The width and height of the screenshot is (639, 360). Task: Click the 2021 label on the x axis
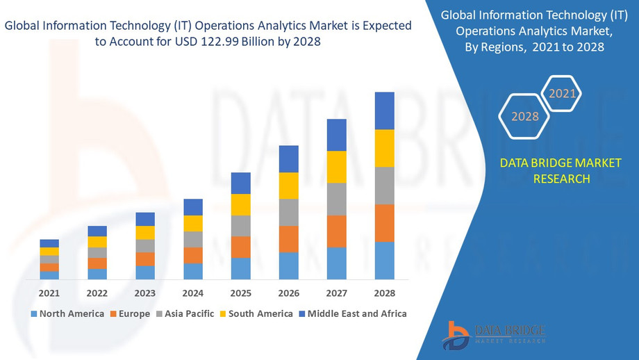(49, 293)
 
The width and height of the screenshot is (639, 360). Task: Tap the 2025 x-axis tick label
(241, 293)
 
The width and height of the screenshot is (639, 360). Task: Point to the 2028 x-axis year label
(384, 293)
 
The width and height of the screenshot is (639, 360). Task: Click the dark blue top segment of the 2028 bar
(384, 111)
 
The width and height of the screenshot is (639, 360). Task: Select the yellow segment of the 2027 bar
(336, 167)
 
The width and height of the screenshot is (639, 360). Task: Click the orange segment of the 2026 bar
(289, 239)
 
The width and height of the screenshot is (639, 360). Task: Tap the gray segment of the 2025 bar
(241, 226)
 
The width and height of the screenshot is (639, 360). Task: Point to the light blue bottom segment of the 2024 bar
(193, 271)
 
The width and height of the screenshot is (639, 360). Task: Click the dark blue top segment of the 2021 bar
(49, 243)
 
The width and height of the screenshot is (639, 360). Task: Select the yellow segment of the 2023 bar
(145, 233)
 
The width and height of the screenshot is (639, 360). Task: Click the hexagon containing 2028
(525, 116)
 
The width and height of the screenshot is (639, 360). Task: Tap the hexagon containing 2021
(561, 93)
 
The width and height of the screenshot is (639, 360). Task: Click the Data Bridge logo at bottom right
(494, 334)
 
